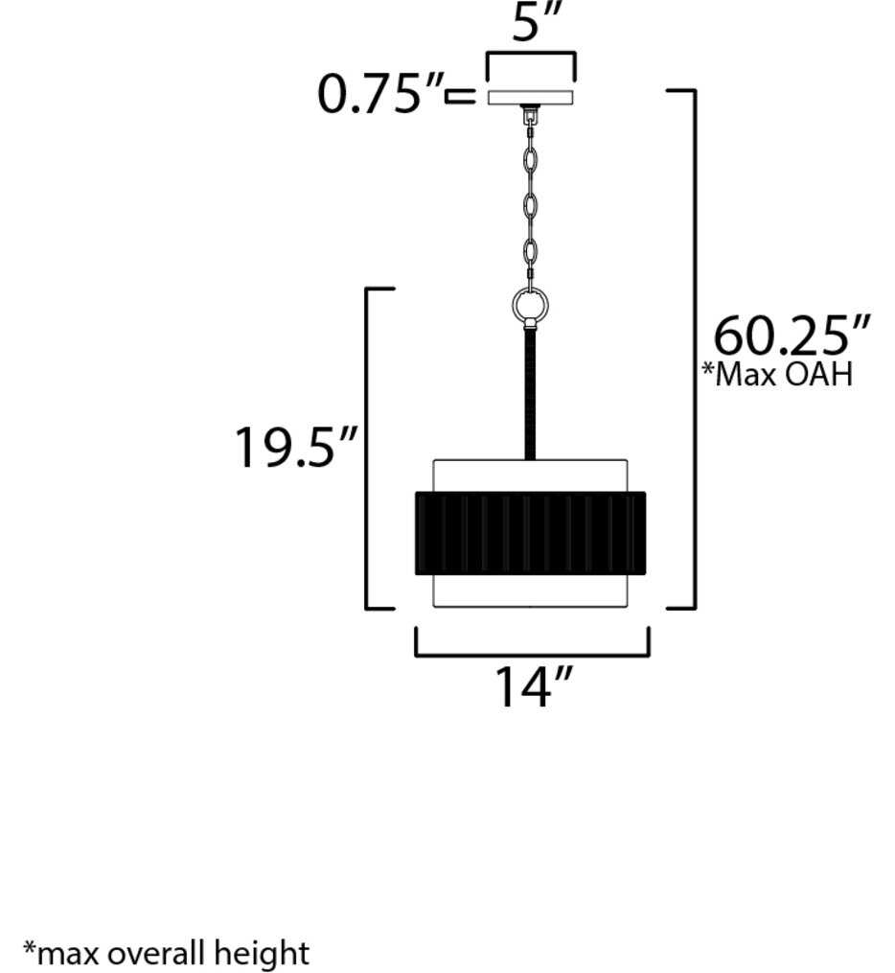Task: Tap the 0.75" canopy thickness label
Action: [x=380, y=96]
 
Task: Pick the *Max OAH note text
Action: [x=777, y=373]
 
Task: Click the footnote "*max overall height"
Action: [x=167, y=954]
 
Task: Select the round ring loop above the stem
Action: [x=530, y=306]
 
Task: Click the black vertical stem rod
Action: [x=530, y=393]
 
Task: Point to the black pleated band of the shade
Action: [x=530, y=533]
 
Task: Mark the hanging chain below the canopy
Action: [x=530, y=201]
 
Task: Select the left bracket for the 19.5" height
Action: [x=369, y=448]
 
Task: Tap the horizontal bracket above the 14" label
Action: [x=532, y=655]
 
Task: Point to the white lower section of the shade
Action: [x=530, y=591]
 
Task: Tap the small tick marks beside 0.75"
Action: [x=461, y=96]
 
